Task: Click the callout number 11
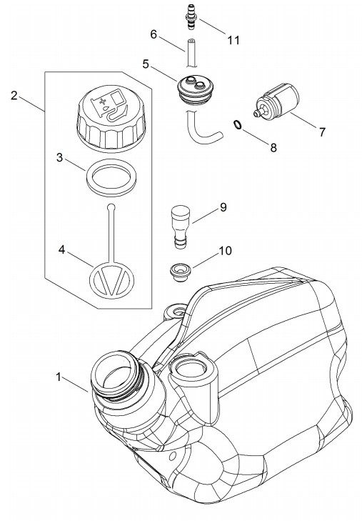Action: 233,40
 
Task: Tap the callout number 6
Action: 154,34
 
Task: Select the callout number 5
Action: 146,64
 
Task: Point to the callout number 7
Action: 322,132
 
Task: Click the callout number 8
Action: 273,147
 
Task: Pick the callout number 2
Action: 14,96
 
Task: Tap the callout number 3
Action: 59,157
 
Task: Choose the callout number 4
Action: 61,249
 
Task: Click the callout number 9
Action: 223,207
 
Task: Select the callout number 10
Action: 226,250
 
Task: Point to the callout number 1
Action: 59,377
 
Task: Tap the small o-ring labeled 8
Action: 237,124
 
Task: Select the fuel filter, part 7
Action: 277,99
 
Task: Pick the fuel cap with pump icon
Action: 111,121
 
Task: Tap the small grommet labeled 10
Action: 179,272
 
